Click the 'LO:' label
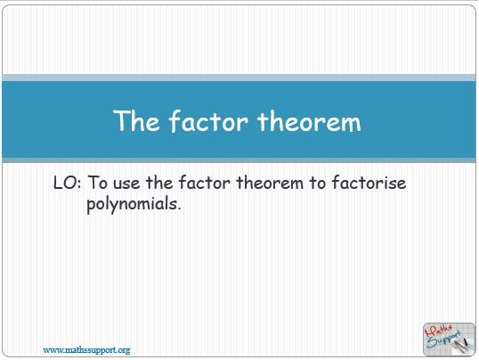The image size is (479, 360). coord(68,183)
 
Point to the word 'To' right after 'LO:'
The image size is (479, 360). coord(100,183)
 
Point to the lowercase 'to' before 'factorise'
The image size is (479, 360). coord(321,183)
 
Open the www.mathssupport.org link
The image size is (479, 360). coord(87,349)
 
